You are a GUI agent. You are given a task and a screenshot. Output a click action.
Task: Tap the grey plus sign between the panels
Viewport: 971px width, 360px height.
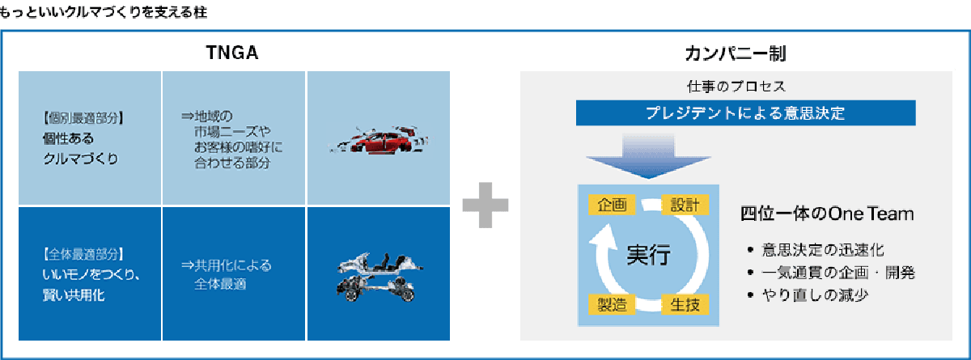pos(485,205)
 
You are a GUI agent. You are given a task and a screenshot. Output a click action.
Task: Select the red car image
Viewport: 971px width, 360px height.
pos(376,139)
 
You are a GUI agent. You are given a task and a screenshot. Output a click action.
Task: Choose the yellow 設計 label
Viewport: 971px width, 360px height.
pos(685,205)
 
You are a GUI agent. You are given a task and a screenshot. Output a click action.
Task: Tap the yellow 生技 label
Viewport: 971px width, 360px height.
pos(685,305)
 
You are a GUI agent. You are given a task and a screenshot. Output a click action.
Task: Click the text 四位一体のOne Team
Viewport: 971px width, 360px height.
pos(827,215)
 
